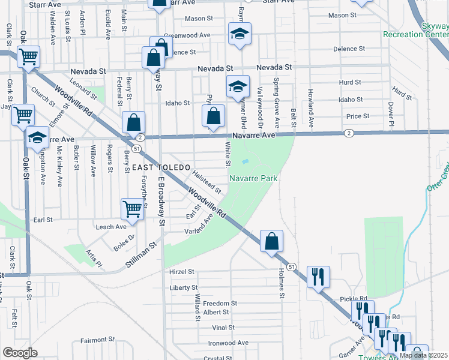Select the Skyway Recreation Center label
click(415, 30)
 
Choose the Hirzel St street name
click(182, 271)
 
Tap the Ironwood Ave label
click(228, 343)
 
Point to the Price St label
click(358, 116)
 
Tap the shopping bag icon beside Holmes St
click(271, 241)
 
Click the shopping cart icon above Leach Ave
click(132, 209)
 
